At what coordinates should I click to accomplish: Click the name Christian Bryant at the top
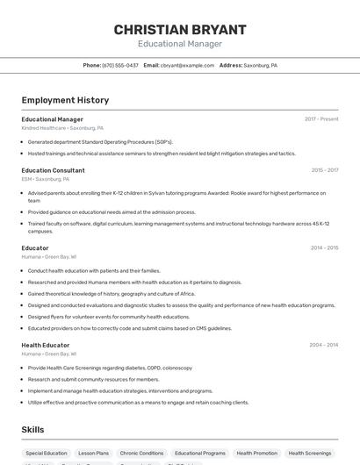coord(180,29)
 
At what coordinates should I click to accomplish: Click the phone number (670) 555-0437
coord(120,65)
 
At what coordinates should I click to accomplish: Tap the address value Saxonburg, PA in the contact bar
coord(260,65)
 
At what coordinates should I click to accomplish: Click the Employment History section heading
coord(65,100)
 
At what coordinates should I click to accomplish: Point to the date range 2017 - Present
coord(321,118)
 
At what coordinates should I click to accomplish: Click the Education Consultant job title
coord(53,170)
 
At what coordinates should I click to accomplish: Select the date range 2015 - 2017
coord(325,170)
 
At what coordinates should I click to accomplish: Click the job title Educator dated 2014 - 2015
coord(35,247)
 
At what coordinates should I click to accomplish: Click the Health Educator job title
coord(46,345)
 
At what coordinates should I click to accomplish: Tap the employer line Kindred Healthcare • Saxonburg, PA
coord(62,127)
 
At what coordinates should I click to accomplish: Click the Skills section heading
coord(33,430)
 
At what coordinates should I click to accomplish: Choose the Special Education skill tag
coord(47,453)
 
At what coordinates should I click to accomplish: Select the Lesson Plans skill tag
coord(93,453)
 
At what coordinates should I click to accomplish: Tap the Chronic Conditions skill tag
coord(141,453)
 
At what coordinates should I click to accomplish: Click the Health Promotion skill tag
coord(256,453)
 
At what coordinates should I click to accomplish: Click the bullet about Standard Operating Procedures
coord(100,141)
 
